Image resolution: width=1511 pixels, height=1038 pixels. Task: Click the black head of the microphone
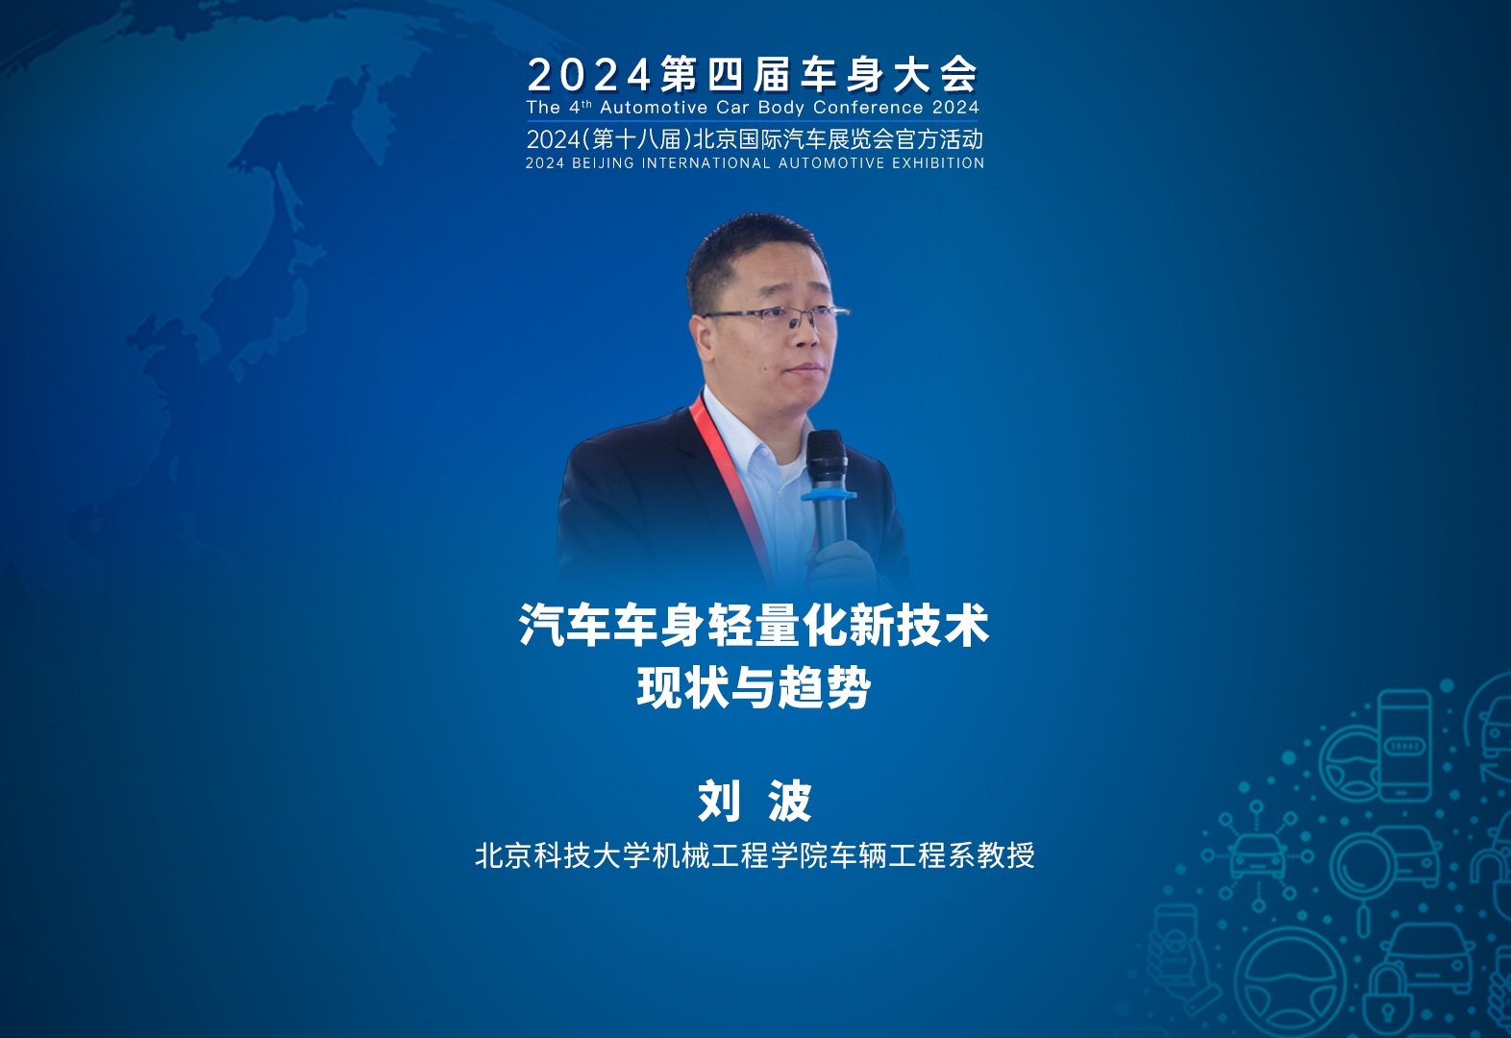827,457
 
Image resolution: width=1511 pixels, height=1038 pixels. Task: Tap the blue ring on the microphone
829,496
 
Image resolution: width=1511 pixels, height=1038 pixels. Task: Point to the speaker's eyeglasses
776,316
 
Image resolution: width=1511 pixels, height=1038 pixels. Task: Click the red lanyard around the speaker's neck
731,485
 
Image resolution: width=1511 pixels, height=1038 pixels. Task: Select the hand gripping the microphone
840,565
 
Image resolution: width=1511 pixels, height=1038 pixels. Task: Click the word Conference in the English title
868,108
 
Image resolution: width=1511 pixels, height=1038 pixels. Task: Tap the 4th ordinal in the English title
581,107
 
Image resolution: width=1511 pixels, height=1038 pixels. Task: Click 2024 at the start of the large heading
589,75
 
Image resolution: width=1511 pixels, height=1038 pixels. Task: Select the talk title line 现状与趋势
755,687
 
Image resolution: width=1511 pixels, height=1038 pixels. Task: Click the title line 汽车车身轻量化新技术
755,626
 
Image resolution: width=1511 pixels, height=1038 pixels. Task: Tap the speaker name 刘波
755,801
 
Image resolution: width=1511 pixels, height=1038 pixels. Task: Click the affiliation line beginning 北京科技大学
755,855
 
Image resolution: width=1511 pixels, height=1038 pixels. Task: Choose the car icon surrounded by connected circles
1257,856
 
